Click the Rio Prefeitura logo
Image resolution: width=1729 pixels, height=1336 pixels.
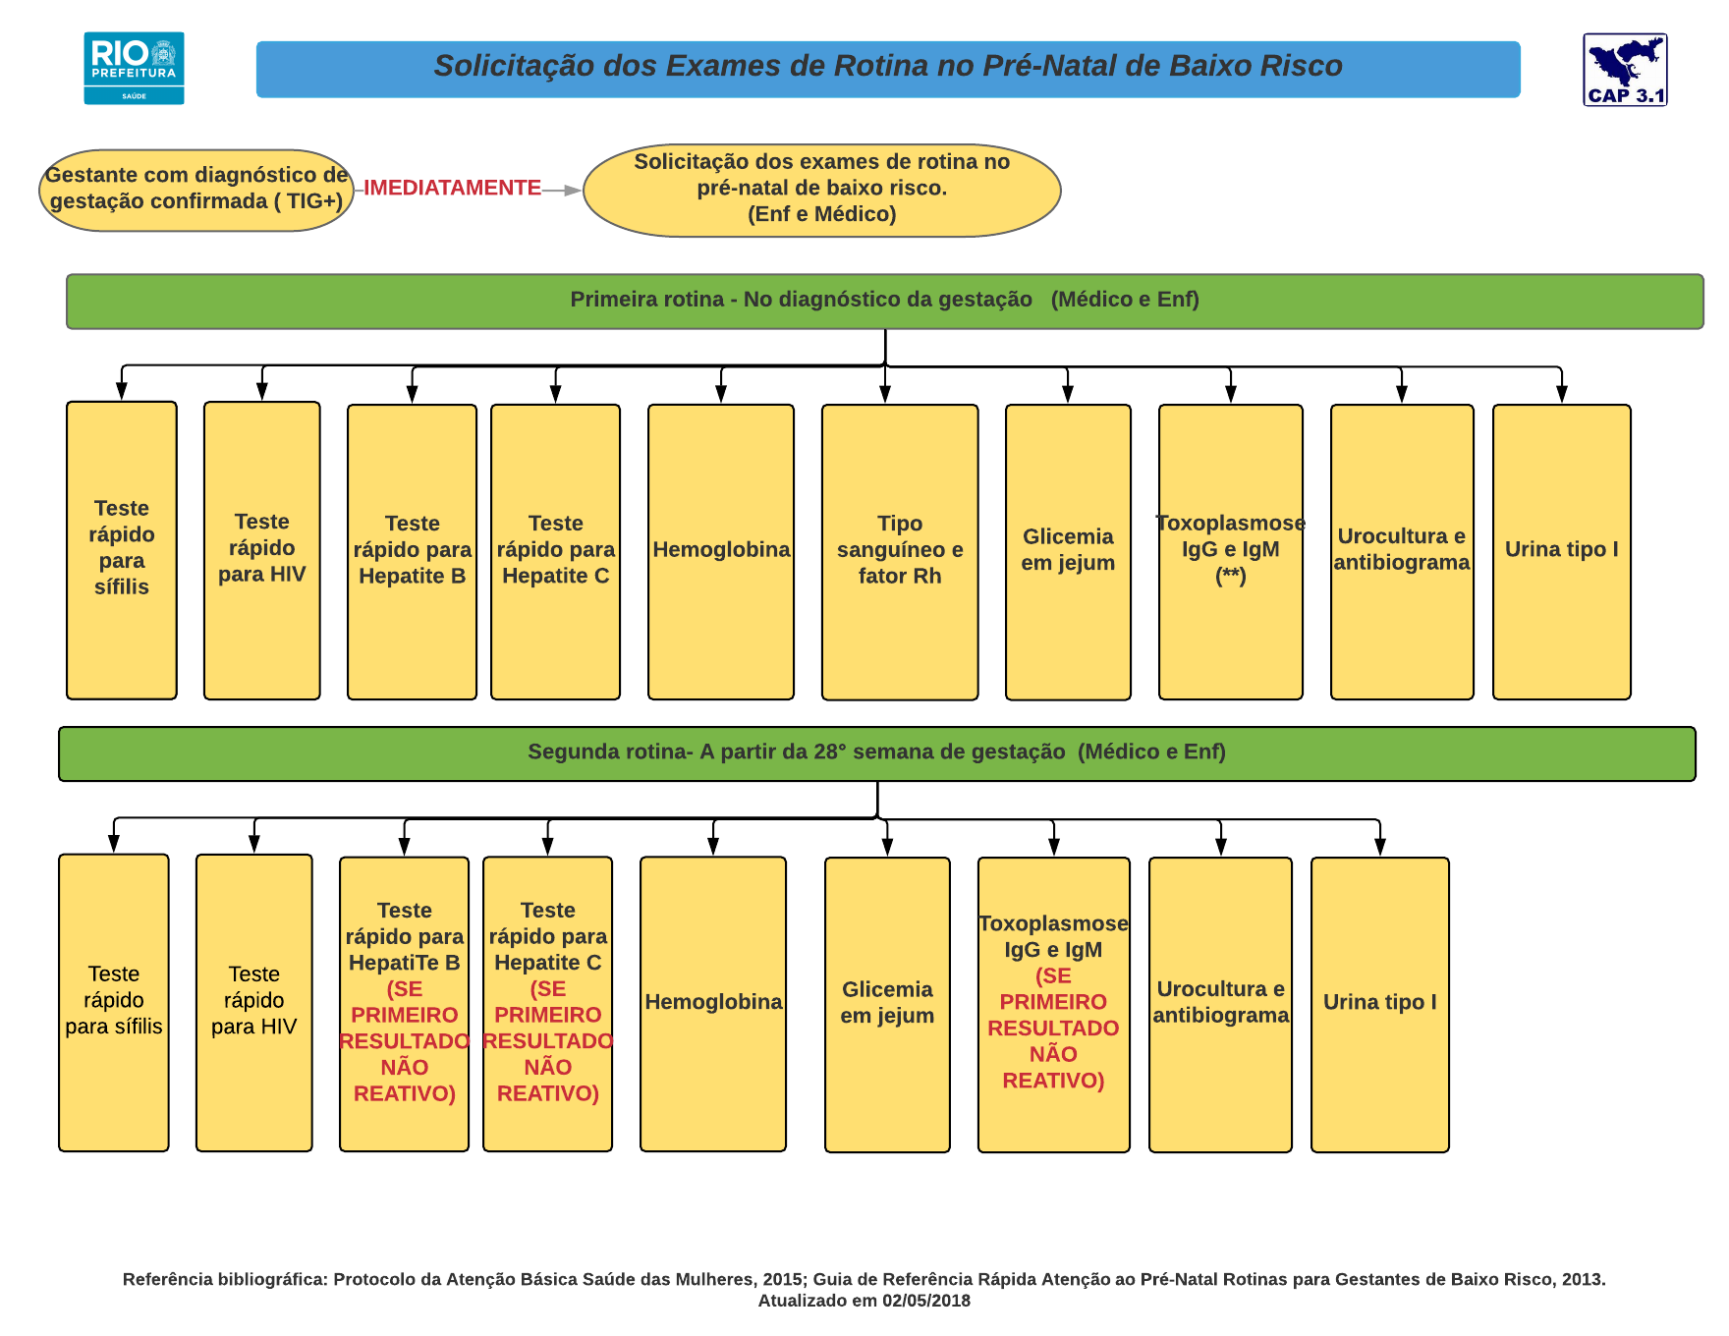point(134,68)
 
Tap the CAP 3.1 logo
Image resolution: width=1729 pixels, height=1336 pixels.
point(1625,69)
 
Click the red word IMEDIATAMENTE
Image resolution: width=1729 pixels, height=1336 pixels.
point(452,188)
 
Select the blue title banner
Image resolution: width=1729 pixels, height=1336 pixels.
point(887,69)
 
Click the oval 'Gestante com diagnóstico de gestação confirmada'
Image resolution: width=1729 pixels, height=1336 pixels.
point(196,190)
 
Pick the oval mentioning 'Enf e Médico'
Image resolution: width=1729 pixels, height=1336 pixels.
point(821,190)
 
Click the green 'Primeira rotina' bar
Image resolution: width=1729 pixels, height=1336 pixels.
point(884,301)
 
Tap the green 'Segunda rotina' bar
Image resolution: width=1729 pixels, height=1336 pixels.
point(876,753)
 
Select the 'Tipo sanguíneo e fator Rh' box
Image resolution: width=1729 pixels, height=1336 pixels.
point(899,551)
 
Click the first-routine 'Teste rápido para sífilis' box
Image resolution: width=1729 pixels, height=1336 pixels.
point(122,549)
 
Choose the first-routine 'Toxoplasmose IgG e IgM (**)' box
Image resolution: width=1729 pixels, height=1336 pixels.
point(1230,551)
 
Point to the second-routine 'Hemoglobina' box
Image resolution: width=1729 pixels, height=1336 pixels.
point(713,1003)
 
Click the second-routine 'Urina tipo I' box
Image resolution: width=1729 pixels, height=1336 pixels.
point(1379,1004)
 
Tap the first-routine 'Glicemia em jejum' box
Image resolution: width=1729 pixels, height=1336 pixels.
point(1068,551)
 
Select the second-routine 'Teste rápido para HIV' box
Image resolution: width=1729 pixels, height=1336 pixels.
point(253,1002)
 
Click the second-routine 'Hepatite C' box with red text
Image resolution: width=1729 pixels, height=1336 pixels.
point(547,1003)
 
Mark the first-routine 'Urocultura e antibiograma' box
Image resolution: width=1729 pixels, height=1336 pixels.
point(1401,551)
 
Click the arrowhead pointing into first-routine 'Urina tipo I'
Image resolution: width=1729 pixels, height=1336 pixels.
point(1561,394)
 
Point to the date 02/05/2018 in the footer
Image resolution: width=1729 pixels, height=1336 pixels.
point(925,1301)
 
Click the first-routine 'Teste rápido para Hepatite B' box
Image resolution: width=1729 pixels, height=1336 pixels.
point(412,551)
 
